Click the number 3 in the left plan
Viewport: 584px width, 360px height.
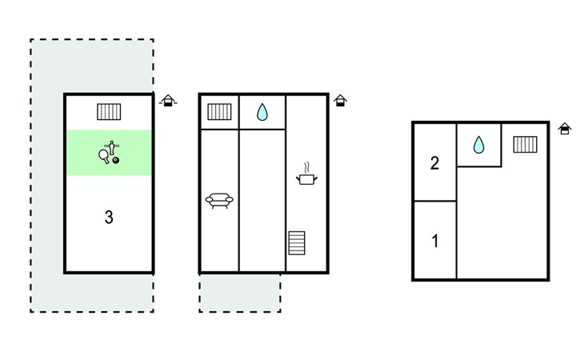[109, 217]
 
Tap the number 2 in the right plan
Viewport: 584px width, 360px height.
[434, 164]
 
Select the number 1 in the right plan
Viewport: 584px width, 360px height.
[434, 241]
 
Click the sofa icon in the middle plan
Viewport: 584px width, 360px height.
[218, 200]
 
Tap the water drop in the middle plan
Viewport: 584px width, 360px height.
[262, 113]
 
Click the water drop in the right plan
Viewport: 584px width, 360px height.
[478, 145]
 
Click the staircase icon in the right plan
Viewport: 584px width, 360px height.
[525, 145]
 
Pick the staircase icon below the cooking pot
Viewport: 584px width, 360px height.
[297, 242]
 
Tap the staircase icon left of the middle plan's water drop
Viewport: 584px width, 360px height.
[218, 112]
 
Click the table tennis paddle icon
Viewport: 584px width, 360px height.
[105, 155]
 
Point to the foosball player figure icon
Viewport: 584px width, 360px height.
[114, 146]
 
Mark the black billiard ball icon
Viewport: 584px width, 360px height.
[117, 161]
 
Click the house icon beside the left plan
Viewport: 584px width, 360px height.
[167, 101]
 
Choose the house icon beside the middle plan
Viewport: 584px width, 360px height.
[341, 101]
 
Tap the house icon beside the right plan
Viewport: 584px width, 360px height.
[565, 128]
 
